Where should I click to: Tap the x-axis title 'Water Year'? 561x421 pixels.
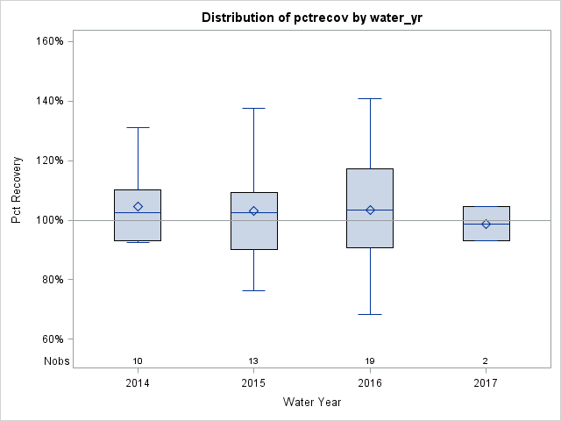(311, 402)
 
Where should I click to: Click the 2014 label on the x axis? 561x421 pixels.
(138, 383)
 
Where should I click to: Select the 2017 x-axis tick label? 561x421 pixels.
(486, 383)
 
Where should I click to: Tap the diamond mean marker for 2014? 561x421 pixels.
(138, 207)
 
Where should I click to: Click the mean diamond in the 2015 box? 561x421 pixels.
(254, 210)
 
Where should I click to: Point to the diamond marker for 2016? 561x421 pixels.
(370, 210)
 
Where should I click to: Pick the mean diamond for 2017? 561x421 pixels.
(486, 224)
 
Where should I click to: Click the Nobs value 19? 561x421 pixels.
(370, 360)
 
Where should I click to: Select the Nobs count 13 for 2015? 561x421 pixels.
(254, 360)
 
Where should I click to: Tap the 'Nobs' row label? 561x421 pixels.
(56, 360)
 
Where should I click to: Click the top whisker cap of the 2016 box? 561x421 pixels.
(370, 99)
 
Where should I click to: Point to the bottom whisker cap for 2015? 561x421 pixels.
(254, 290)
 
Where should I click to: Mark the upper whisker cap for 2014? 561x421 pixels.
(138, 127)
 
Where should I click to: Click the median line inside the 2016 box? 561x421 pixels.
(370, 210)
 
